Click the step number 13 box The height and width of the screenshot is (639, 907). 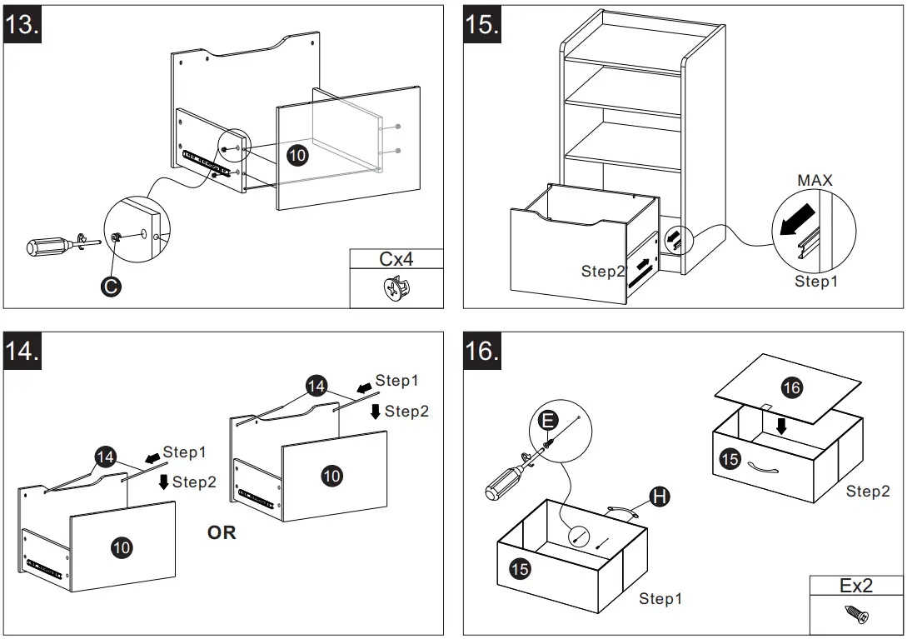[22, 24]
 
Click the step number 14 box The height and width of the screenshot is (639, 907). [22, 351]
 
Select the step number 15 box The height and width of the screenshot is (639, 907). [482, 24]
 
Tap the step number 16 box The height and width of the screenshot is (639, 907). [482, 351]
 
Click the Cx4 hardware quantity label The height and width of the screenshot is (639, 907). [396, 259]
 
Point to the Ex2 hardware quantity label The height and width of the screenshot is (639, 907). [855, 586]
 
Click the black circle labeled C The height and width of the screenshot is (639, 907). [109, 287]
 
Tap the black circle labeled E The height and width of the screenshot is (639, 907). [546, 421]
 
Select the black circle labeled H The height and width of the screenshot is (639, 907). [659, 497]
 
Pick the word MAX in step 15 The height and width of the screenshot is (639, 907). [815, 180]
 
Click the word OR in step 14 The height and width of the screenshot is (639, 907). [222, 532]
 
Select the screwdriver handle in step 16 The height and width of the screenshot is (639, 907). [504, 482]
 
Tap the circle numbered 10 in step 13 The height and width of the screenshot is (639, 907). [297, 155]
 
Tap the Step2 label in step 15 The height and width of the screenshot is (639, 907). [602, 272]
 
